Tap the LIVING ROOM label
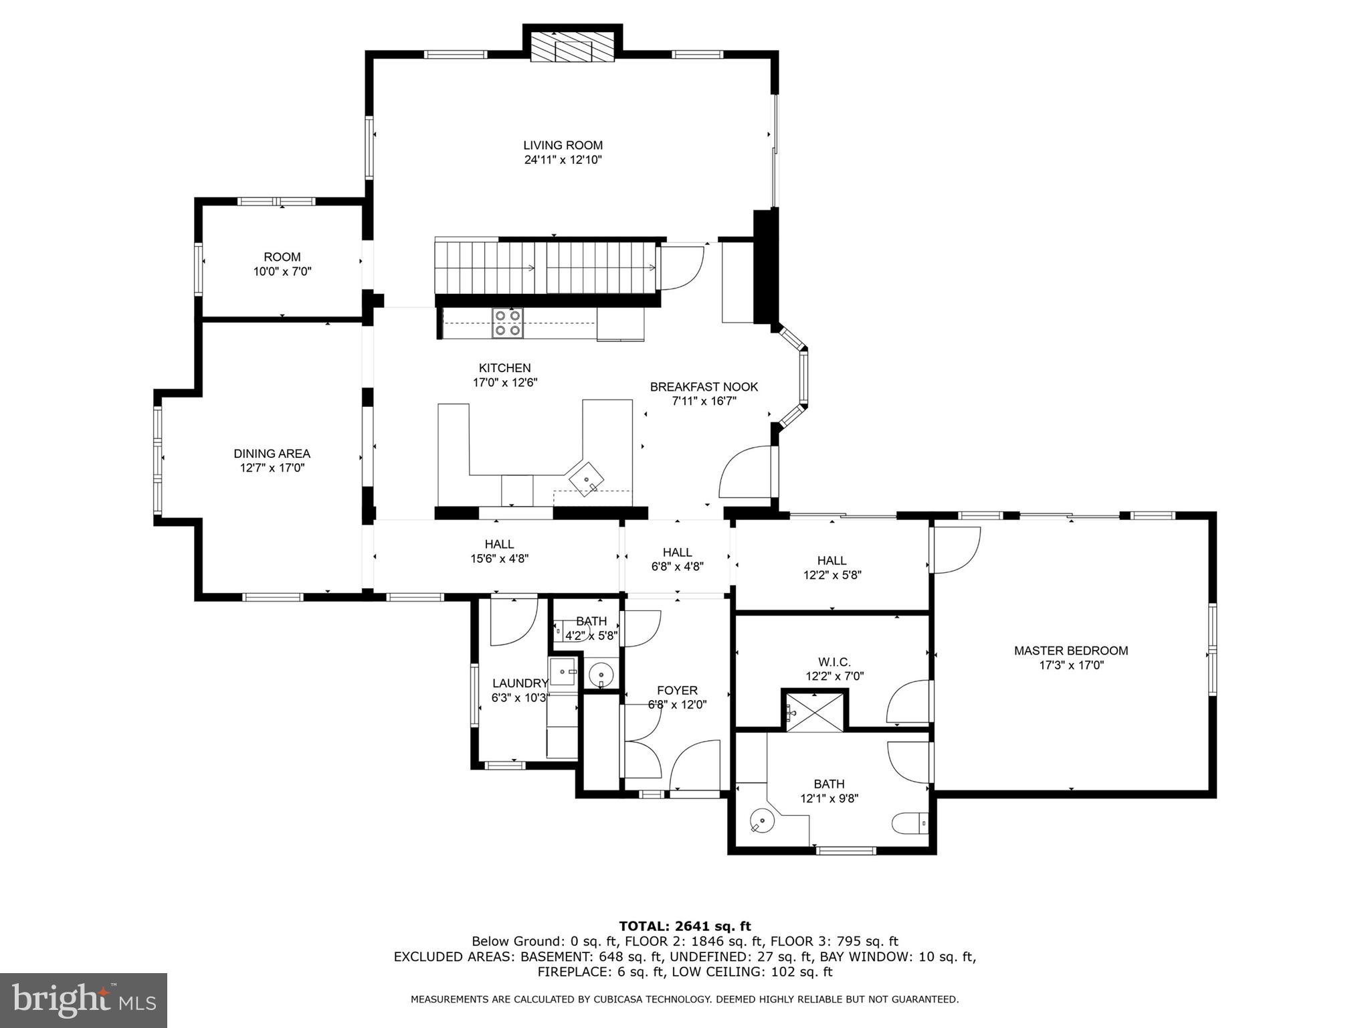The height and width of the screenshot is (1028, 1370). (563, 145)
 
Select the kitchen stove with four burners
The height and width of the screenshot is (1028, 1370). (508, 323)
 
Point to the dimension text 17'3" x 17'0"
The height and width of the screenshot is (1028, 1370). (1071, 665)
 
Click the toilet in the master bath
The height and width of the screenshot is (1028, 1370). (910, 823)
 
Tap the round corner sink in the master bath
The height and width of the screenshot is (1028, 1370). (761, 820)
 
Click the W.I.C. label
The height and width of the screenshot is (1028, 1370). (834, 662)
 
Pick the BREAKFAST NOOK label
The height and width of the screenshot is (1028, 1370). (704, 387)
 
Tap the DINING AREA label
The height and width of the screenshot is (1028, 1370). (272, 454)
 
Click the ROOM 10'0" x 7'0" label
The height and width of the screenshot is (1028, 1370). (282, 264)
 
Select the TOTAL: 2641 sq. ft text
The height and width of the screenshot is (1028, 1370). (684, 926)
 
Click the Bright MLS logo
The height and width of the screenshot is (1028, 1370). (83, 1000)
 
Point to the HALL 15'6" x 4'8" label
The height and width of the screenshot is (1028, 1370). (499, 551)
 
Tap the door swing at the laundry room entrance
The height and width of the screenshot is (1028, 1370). (513, 621)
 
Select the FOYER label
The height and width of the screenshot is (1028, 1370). (677, 691)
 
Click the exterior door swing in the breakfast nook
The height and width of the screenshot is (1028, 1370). (745, 473)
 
